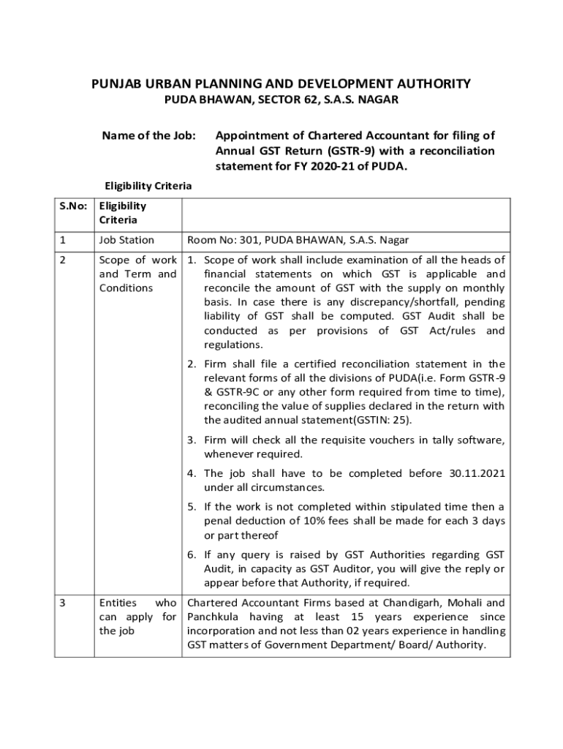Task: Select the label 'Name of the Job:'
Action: [x=149, y=135]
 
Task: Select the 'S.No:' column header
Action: [x=72, y=206]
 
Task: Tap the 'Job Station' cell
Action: [x=126, y=240]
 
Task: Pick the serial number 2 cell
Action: [x=63, y=260]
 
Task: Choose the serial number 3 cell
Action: [x=63, y=603]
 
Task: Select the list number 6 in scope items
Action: [x=191, y=554]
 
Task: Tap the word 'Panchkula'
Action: [x=214, y=617]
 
